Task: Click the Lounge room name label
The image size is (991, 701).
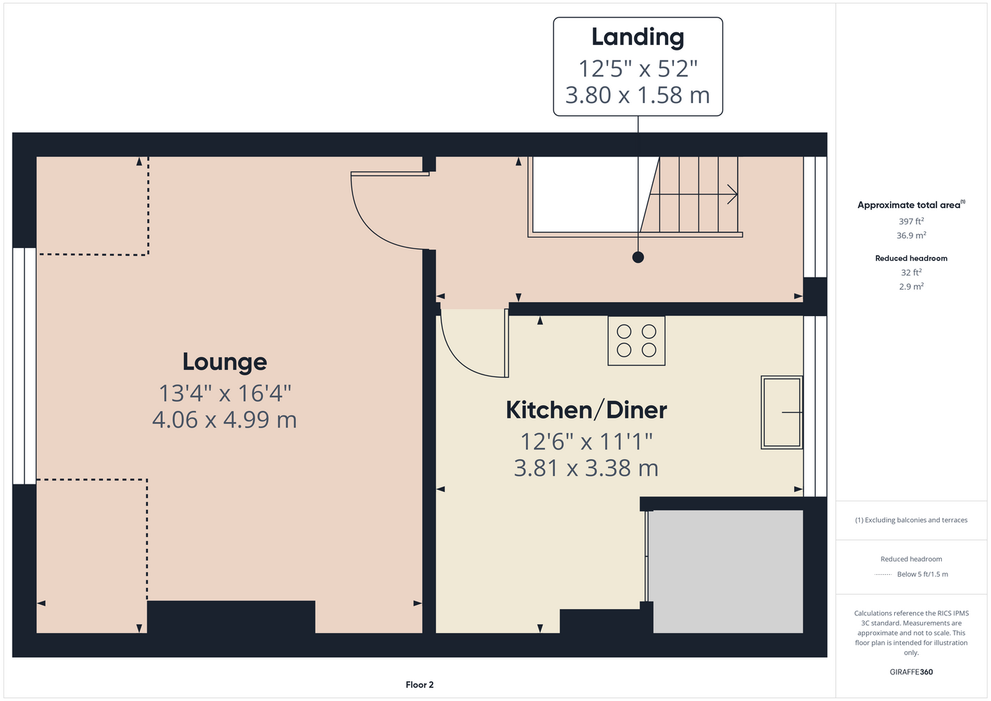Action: pos(224,362)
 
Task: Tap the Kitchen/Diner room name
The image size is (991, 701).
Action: pos(586,410)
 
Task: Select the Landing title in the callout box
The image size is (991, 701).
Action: pos(638,38)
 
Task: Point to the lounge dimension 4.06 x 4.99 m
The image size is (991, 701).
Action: pos(224,420)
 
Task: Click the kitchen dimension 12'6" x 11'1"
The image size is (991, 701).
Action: pos(586,442)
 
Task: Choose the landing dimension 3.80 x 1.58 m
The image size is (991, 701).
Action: pos(638,95)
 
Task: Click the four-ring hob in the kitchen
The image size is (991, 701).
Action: pos(636,341)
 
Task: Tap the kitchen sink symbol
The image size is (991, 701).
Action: pos(782,412)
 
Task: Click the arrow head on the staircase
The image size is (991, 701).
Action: pos(733,194)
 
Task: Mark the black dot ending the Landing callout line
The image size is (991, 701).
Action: pos(638,257)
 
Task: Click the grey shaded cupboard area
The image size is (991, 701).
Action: pos(726,571)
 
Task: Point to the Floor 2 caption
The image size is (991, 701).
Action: pos(419,685)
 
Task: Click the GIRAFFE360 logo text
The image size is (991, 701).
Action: pos(911,672)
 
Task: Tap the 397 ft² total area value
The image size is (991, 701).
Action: pos(911,221)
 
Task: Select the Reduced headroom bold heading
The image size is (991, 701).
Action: pos(911,258)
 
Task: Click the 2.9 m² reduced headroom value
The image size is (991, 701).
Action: pos(911,286)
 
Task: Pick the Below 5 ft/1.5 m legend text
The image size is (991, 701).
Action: pos(922,574)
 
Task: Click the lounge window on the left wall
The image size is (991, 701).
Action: pos(25,366)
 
